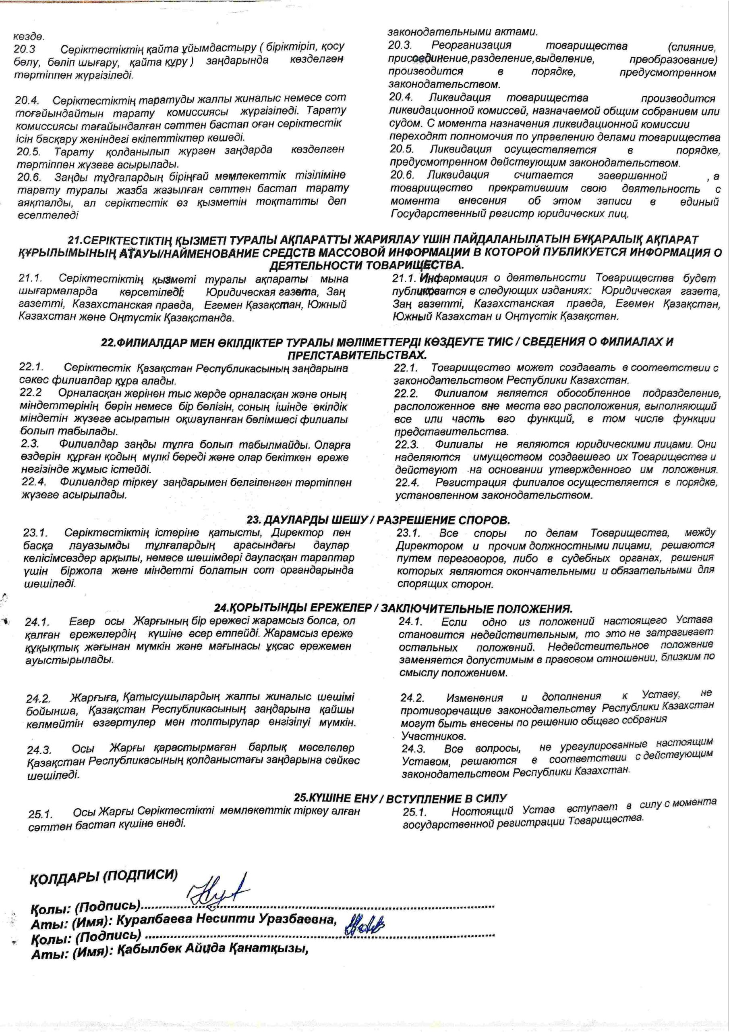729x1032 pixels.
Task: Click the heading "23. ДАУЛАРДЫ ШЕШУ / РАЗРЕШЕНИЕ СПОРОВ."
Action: pos(378,520)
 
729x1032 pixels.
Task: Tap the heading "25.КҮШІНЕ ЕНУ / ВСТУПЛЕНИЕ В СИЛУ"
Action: pos(400,798)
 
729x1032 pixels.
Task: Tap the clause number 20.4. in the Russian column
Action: pos(401,97)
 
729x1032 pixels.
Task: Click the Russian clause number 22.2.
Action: pos(406,393)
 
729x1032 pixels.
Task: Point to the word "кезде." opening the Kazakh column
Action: pos(28,36)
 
